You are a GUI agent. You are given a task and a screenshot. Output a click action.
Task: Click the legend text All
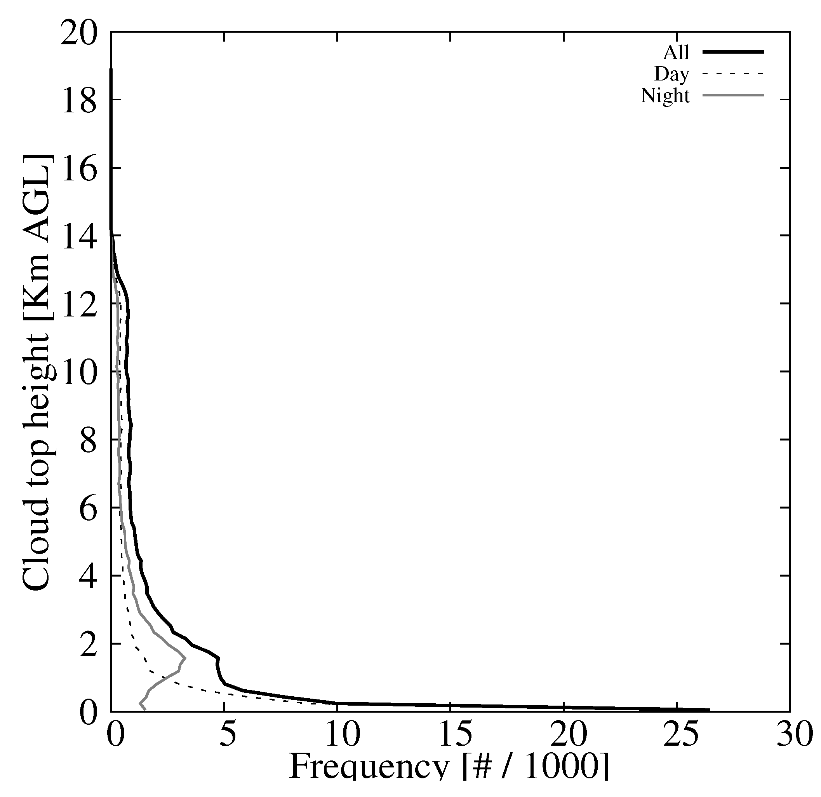[x=676, y=53]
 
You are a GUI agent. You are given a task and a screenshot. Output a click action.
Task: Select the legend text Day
[x=671, y=74]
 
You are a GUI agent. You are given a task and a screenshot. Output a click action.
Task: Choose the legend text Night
[x=665, y=96]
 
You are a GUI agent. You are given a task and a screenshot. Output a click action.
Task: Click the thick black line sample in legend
[x=734, y=52]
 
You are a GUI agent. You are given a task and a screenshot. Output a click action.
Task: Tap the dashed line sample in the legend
[x=734, y=73]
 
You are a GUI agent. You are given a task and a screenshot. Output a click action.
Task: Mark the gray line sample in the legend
[x=734, y=95]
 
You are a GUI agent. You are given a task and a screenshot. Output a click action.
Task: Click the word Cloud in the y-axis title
[x=36, y=547]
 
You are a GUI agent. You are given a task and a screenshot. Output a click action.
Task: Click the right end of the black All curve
[x=709, y=710]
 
